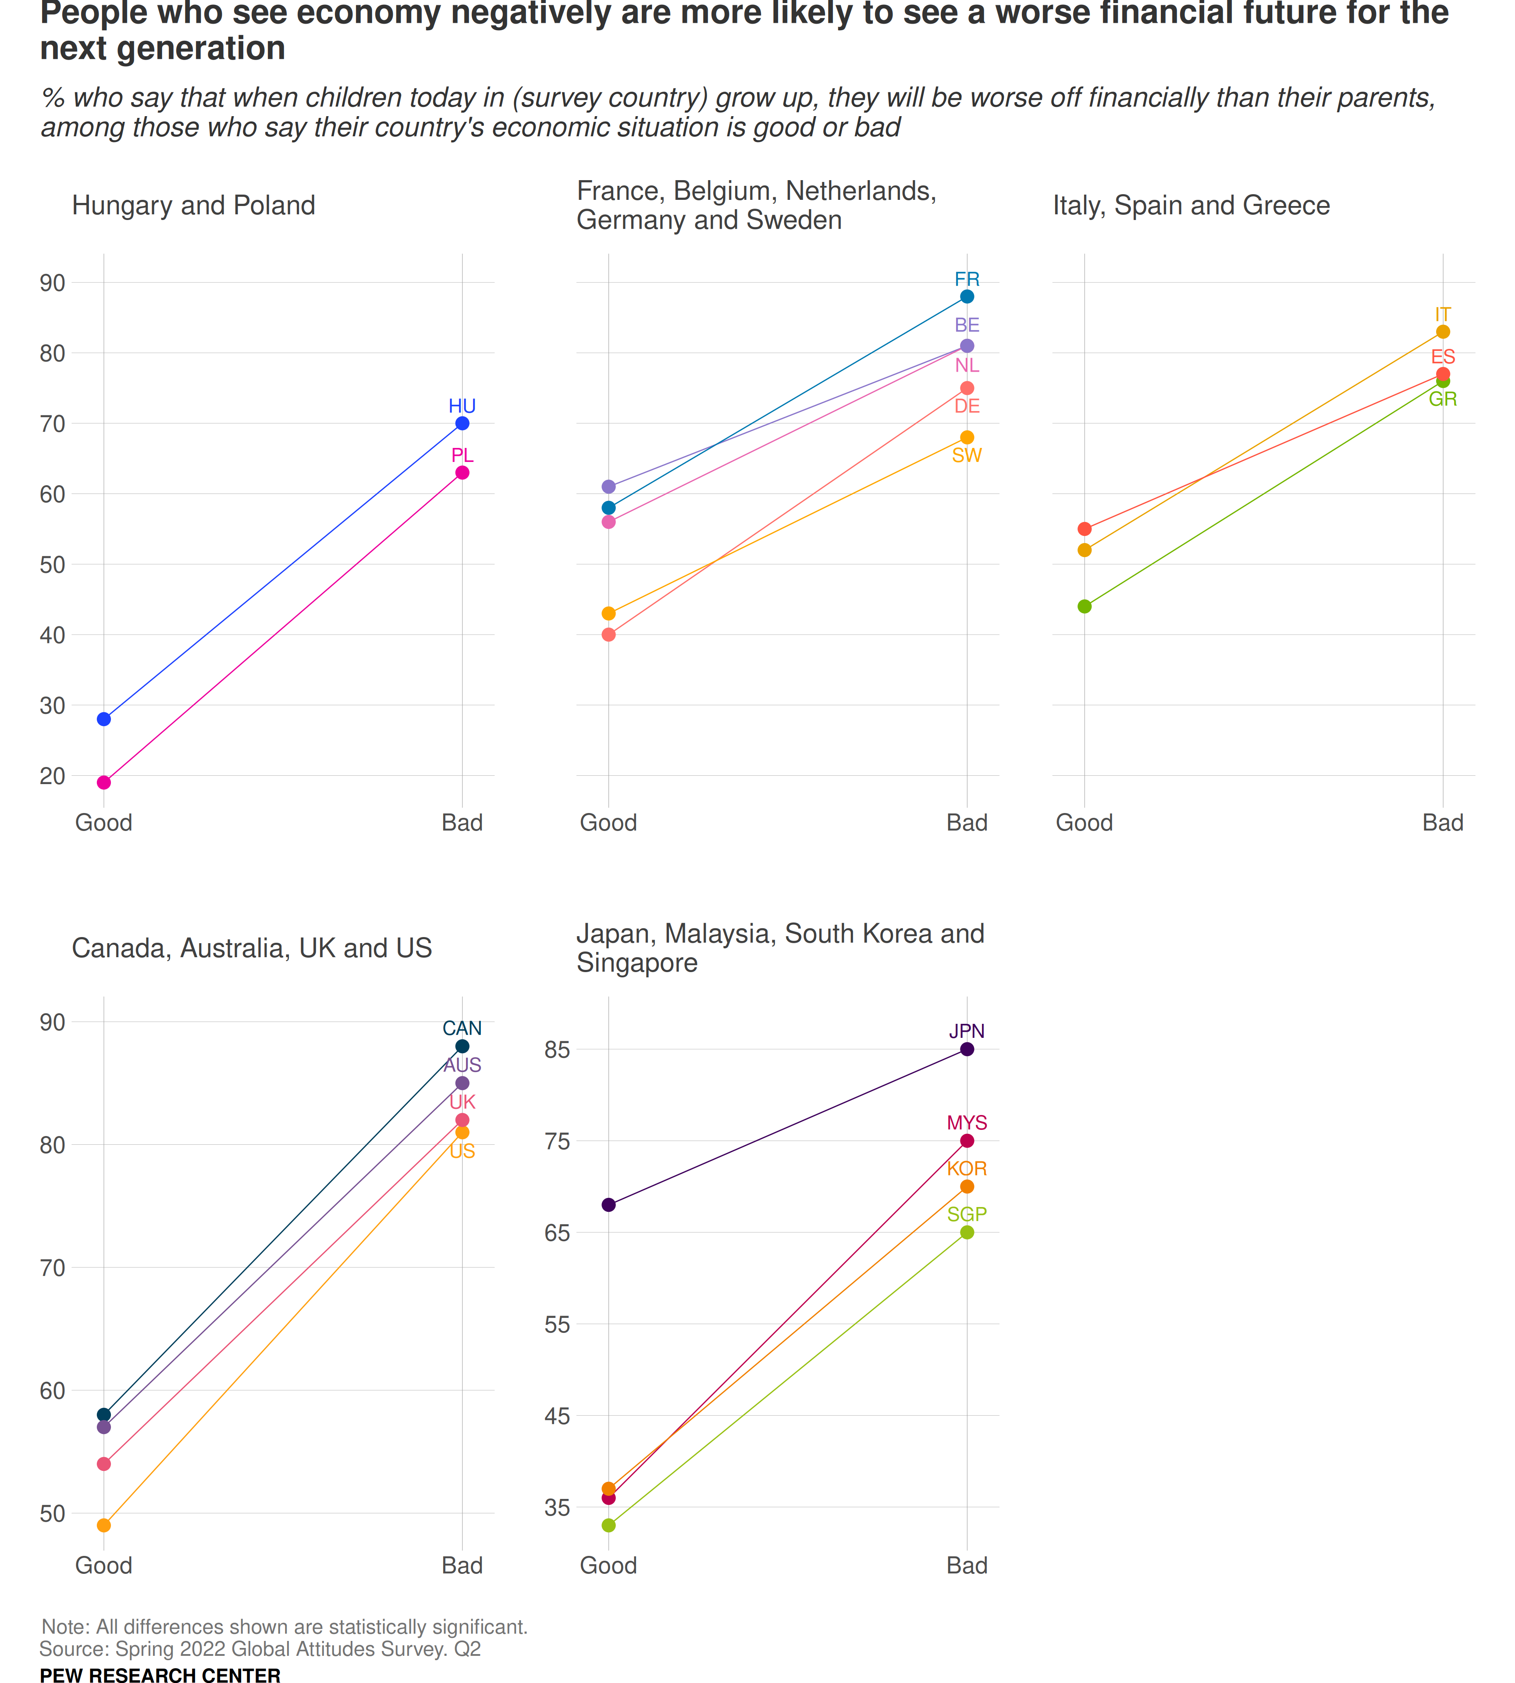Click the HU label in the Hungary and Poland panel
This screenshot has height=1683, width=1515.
[462, 406]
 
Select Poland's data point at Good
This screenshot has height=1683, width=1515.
[104, 782]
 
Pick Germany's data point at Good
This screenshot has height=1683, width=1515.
[608, 634]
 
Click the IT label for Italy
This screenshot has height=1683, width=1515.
[1443, 315]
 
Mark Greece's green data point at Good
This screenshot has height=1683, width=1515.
[1085, 606]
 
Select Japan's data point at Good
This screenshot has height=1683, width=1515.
[608, 1204]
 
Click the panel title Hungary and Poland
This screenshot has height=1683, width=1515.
[193, 206]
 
